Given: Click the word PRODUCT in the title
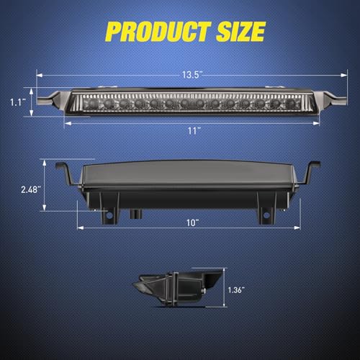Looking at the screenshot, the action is [158, 32].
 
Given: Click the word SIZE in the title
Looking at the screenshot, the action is [240, 32].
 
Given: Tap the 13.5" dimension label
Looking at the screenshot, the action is [192, 75].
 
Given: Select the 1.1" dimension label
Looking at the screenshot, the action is [18, 102].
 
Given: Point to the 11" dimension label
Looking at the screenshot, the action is [194, 131].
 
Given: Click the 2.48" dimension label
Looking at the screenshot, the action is [30, 189].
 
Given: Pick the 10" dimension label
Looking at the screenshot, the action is [193, 222].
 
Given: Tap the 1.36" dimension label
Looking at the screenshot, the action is [236, 290].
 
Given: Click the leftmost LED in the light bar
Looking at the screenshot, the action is [93, 104].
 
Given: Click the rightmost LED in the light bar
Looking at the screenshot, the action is [291, 104].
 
